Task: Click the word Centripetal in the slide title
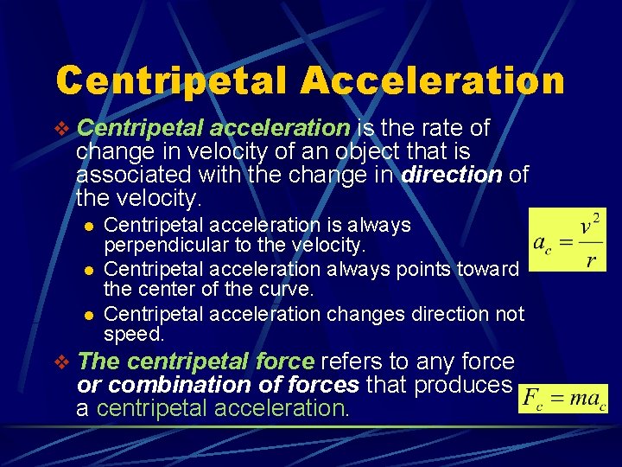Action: (x=171, y=80)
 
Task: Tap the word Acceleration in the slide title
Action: (x=432, y=80)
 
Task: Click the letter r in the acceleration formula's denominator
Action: (x=590, y=260)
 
